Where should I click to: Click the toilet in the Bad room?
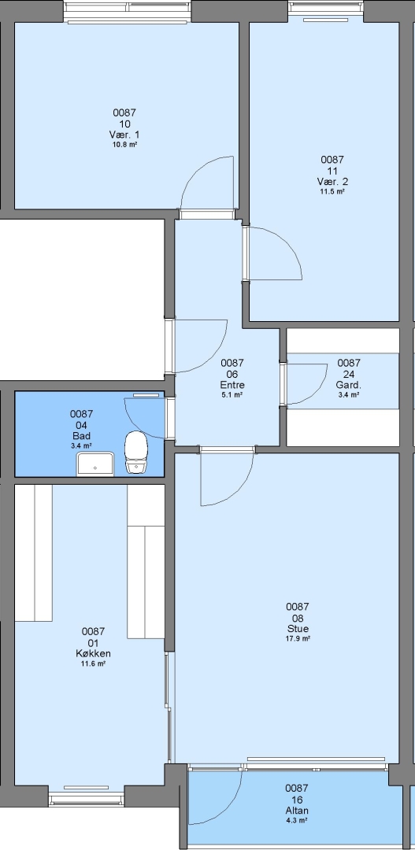pos(136,453)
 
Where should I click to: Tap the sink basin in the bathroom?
pos(95,464)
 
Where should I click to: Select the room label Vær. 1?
pos(124,135)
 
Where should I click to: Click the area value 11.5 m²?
pos(332,191)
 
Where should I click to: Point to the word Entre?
pos(232,385)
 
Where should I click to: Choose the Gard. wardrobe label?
pos(349,385)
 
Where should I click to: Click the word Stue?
pos(298,629)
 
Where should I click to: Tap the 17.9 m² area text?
pos(298,638)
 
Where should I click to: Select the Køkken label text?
pos(93,653)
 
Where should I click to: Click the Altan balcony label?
pos(297,811)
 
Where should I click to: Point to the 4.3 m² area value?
pos(297,821)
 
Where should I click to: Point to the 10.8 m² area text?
pos(124,145)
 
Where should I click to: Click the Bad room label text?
pos(81,436)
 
